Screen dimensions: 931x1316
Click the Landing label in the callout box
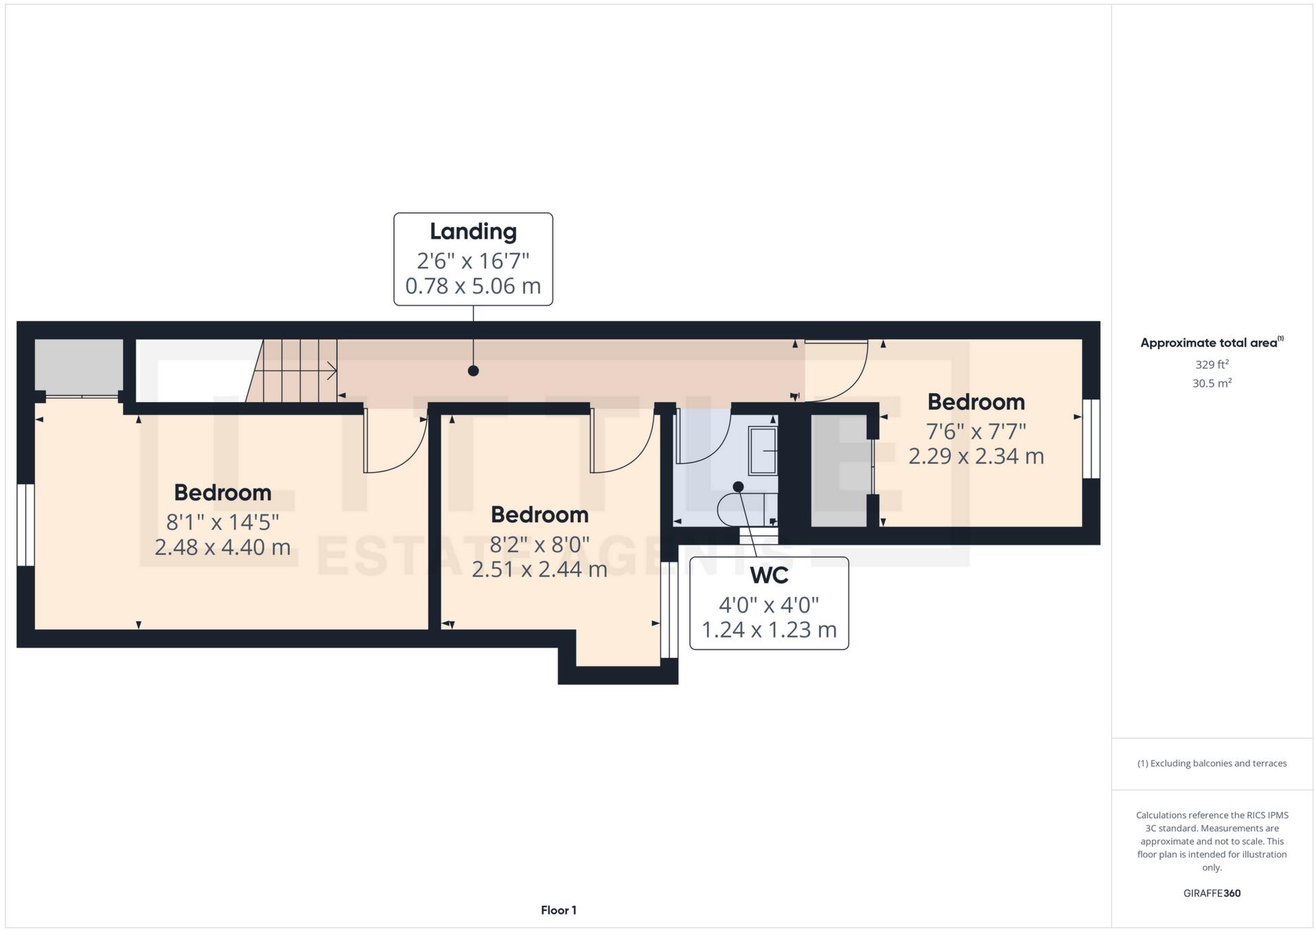point(472,232)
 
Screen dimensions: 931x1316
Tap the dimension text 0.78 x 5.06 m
point(472,286)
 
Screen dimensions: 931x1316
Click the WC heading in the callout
point(768,576)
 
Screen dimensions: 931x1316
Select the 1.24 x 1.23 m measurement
point(768,630)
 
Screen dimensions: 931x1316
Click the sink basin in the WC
point(762,451)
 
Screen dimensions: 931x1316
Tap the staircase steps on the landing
point(295,371)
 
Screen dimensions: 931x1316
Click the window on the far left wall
point(25,525)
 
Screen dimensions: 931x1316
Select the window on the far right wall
point(1090,439)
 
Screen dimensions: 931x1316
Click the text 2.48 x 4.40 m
point(222,547)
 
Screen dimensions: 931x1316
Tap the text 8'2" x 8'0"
point(539,545)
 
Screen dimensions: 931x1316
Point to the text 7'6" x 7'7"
point(976,432)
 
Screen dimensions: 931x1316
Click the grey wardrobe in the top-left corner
point(78,367)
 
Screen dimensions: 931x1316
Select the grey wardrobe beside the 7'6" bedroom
point(840,471)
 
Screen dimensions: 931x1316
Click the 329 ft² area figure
point(1211,365)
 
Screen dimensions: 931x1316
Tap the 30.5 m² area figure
point(1211,384)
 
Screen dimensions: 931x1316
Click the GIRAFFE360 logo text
point(1211,893)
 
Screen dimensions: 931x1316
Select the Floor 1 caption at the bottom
point(558,910)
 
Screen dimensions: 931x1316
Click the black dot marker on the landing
point(473,371)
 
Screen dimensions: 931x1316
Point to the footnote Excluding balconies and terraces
point(1211,764)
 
